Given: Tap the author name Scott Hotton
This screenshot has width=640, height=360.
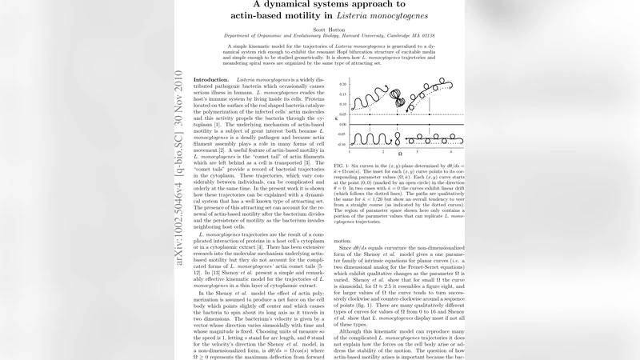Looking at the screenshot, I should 319,30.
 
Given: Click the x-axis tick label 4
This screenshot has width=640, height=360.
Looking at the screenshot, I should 451,150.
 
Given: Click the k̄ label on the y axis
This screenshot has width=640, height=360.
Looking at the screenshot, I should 335,114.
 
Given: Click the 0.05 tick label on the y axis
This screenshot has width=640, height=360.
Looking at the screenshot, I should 342,114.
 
